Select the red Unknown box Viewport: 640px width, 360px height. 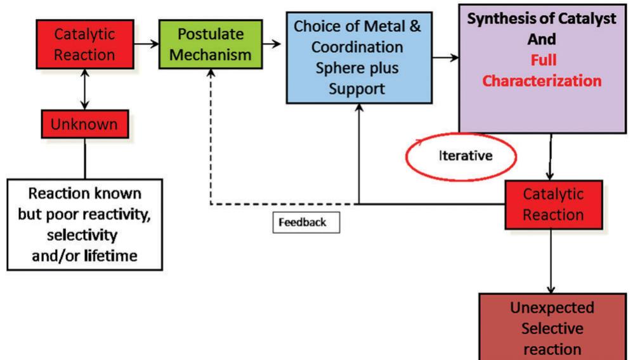click(84, 124)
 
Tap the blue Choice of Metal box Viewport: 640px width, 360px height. click(359, 57)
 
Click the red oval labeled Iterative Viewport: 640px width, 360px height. click(461, 155)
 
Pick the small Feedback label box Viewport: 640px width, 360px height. click(306, 223)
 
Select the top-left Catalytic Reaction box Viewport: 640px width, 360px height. click(84, 44)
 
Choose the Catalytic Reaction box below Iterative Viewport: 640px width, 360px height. click(553, 204)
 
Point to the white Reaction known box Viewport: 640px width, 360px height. click(84, 224)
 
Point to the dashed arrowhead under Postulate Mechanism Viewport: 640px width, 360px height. click(211, 75)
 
